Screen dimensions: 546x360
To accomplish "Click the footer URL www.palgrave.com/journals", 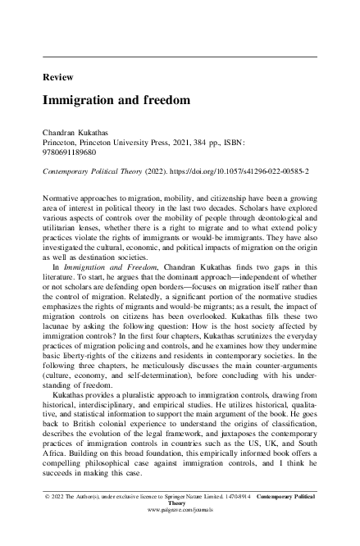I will click(x=179, y=533).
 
